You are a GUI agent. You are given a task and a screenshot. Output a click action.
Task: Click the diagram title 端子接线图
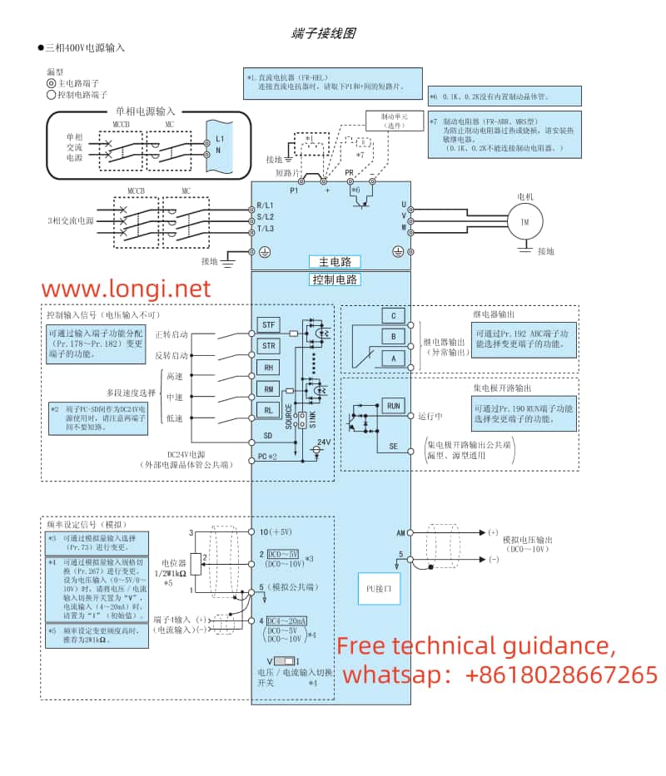(323, 33)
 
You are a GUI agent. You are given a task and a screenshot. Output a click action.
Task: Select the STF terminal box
(268, 324)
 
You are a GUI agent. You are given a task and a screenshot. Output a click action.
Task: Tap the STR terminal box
(268, 345)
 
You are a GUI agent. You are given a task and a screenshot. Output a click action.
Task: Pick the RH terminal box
(268, 367)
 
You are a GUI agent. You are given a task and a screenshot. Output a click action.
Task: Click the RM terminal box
(268, 388)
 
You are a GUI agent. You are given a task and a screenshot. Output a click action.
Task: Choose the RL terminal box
(268, 409)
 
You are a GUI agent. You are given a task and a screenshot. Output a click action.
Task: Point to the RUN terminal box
(393, 406)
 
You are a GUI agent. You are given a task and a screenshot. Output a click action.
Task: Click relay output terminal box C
(393, 315)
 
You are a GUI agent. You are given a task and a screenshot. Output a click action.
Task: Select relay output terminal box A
(393, 358)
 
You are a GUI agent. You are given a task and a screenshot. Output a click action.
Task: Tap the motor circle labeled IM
(524, 222)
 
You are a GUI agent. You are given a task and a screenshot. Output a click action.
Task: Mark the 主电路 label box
(335, 261)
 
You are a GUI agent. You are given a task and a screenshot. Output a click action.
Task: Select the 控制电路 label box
(335, 279)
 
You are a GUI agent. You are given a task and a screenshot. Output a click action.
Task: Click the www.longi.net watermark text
(127, 289)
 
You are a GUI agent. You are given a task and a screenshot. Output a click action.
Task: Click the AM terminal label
(400, 532)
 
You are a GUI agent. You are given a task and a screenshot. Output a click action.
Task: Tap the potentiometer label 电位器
(172, 563)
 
